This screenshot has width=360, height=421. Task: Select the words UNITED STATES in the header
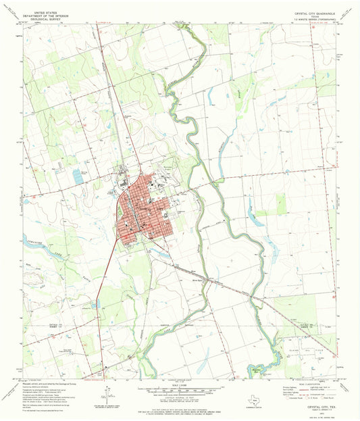coord(42,12)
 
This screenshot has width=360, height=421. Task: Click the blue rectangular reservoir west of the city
coord(77,176)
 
